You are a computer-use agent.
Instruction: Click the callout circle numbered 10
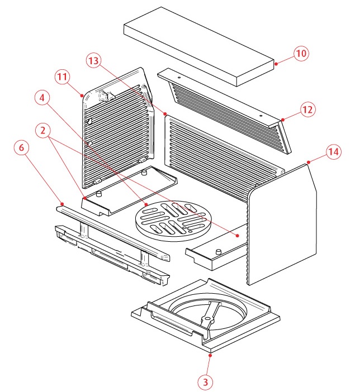pyautogui.click(x=301, y=54)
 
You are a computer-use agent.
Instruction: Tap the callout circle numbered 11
pyautogui.click(x=62, y=77)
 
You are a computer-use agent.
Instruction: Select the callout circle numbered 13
pyautogui.click(x=94, y=60)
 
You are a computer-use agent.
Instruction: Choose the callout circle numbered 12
pyautogui.click(x=307, y=109)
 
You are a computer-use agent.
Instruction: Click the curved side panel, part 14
pyautogui.click(x=282, y=223)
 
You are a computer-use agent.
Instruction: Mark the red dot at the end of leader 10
pyautogui.click(x=276, y=64)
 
